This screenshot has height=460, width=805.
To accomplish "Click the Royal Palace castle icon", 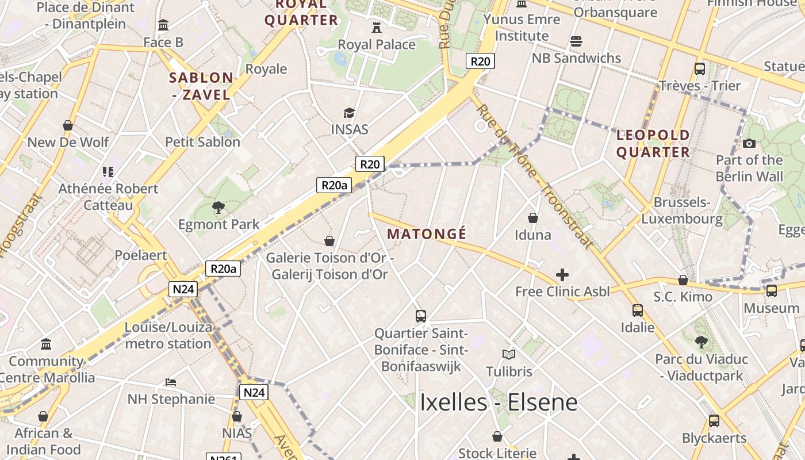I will click(x=377, y=26).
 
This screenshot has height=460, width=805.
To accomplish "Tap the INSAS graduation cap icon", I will click(x=349, y=113).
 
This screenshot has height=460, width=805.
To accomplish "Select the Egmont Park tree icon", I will click(x=218, y=207).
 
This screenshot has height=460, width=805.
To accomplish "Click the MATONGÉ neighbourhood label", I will click(x=427, y=234).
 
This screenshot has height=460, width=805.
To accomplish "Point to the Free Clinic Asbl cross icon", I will click(x=562, y=275).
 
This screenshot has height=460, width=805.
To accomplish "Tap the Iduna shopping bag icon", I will click(x=533, y=218).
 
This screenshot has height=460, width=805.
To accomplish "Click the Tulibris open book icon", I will click(x=509, y=354).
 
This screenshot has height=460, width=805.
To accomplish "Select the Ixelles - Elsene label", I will click(x=499, y=402).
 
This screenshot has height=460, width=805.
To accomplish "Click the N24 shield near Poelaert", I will click(x=183, y=289).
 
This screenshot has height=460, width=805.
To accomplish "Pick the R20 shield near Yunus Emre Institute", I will click(x=480, y=62).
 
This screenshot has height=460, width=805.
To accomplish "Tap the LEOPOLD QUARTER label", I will click(x=653, y=144).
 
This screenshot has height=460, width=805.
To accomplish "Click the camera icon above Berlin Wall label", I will click(x=749, y=143).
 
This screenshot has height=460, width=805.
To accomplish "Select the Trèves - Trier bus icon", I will click(x=700, y=69).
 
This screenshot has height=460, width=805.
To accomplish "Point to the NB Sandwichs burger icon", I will click(x=576, y=41).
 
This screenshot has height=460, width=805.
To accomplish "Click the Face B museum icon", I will click(x=163, y=25).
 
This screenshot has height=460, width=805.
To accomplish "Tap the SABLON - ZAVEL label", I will click(x=202, y=86).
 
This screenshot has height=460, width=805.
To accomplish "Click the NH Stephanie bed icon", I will click(x=171, y=382).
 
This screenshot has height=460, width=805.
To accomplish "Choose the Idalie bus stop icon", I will click(x=638, y=310).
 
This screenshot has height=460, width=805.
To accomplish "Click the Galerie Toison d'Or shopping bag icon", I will click(x=329, y=240).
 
